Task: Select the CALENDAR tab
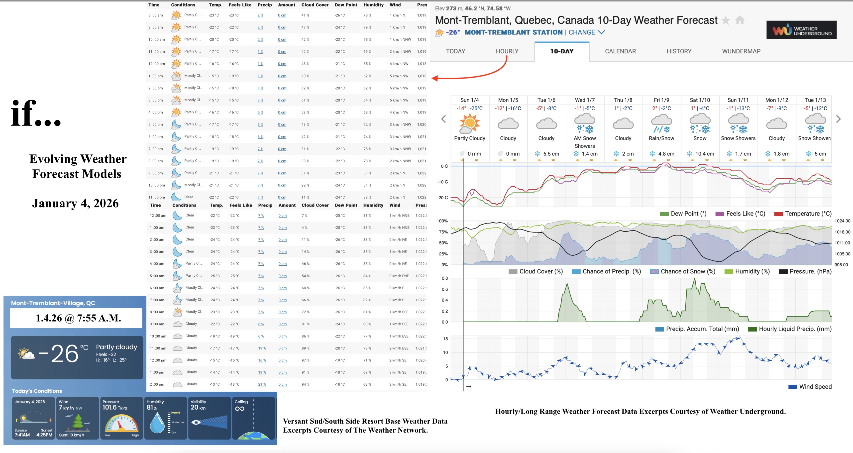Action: (620, 51)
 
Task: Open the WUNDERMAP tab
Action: (741, 51)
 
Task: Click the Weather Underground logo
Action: (801, 30)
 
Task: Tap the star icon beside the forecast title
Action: (726, 20)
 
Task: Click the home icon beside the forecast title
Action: (740, 20)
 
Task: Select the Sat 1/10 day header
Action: (700, 100)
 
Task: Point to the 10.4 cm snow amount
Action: (704, 154)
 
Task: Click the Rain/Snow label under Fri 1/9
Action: (661, 138)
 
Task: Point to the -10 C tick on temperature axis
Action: (442, 182)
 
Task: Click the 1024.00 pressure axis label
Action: (842, 221)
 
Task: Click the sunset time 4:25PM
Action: (44, 435)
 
